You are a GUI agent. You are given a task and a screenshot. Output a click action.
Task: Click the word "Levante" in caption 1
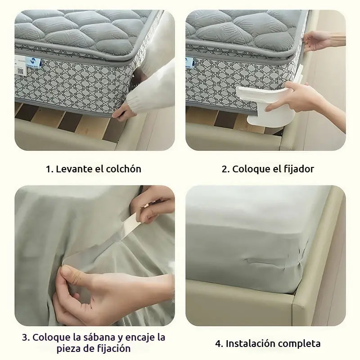pyautogui.click(x=72, y=169)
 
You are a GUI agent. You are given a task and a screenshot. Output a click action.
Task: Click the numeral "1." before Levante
pyautogui.click(x=49, y=169)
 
